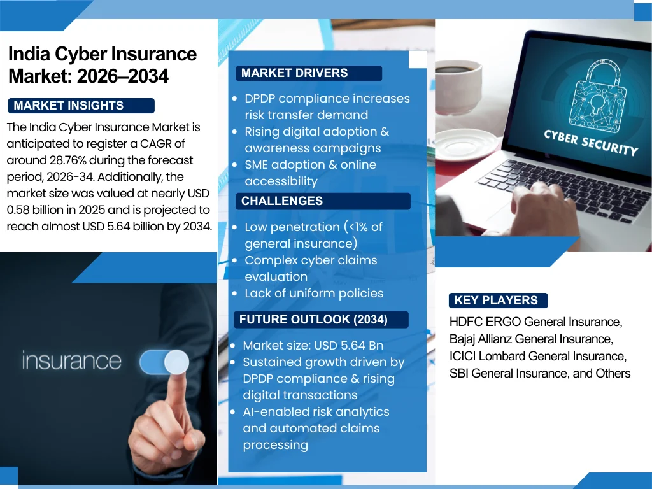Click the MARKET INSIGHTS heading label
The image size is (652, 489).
69,106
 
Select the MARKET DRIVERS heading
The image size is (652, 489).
295,73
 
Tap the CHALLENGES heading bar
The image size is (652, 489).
282,201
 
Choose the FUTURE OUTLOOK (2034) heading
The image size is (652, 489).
313,320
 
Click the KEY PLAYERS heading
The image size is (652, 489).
496,301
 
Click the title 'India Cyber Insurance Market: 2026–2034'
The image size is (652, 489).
102,65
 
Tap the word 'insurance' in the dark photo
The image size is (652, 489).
71,360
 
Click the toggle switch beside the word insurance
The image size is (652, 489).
164,362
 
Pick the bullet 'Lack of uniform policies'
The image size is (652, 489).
314,294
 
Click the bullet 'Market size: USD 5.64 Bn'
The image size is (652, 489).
313,346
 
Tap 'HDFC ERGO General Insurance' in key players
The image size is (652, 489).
535,322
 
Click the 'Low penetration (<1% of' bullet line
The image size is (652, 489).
313,227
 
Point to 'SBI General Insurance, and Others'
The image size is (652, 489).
540,373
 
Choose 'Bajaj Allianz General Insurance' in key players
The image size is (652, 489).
531,339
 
